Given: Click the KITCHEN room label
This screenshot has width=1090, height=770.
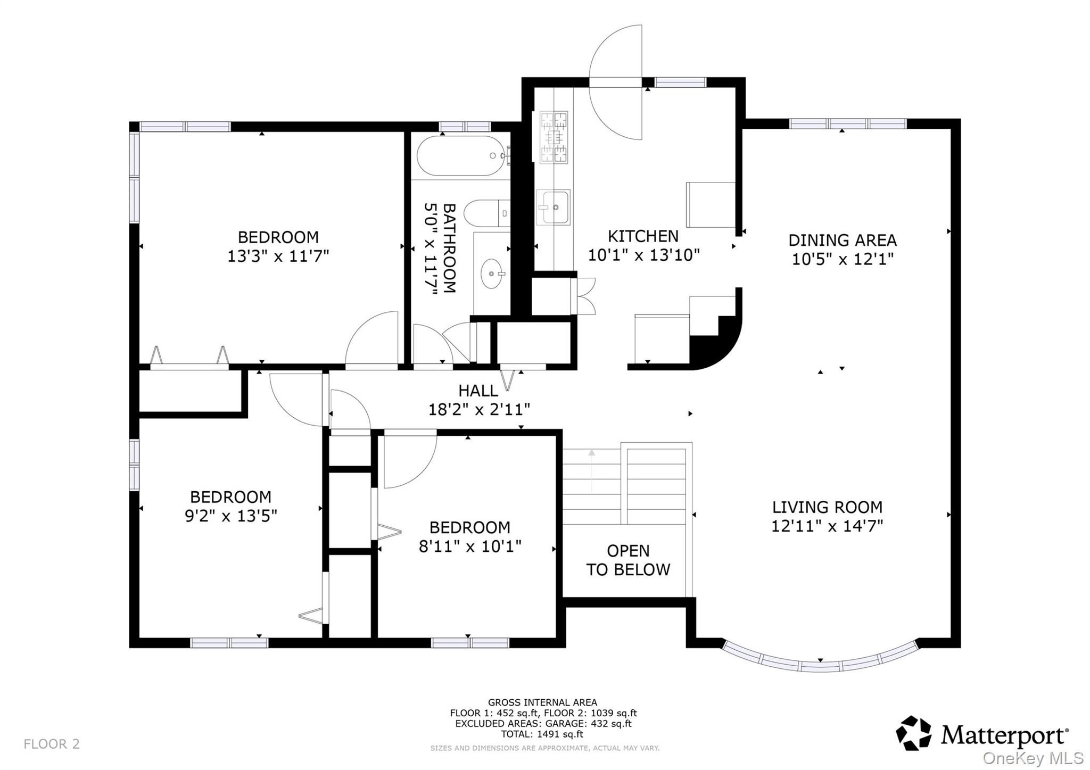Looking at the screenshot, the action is tap(643, 236).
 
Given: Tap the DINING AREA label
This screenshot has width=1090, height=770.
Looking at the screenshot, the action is tap(842, 240).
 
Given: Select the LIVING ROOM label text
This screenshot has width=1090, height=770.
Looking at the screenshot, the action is tap(827, 507).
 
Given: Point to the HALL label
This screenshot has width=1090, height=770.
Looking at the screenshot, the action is tap(478, 391).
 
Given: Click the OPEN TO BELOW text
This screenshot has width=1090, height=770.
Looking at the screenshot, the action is tap(628, 560).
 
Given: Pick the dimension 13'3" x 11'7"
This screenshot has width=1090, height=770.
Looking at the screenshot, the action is tap(278, 256).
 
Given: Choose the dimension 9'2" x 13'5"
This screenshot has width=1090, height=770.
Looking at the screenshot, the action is tap(231, 516).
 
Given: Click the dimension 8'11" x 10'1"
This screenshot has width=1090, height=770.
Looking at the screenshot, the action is tap(470, 547).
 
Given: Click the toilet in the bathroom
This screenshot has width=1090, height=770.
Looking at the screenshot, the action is tap(487, 214).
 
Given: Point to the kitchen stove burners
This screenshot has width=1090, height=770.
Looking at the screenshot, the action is tap(554, 137).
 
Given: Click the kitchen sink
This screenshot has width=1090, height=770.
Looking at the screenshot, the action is tap(554, 207).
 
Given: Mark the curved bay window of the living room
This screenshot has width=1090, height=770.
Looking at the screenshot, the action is tap(820, 658).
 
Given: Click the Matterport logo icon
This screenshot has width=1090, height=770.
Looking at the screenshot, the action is tap(913, 734).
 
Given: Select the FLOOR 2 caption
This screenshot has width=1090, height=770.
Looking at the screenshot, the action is tap(52, 744).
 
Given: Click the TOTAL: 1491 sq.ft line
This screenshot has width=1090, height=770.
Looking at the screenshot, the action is tap(542, 734).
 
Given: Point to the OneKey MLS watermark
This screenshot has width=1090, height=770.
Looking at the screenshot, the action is tap(1033, 758).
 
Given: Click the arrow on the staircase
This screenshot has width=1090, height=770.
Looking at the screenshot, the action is tap(591, 471).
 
